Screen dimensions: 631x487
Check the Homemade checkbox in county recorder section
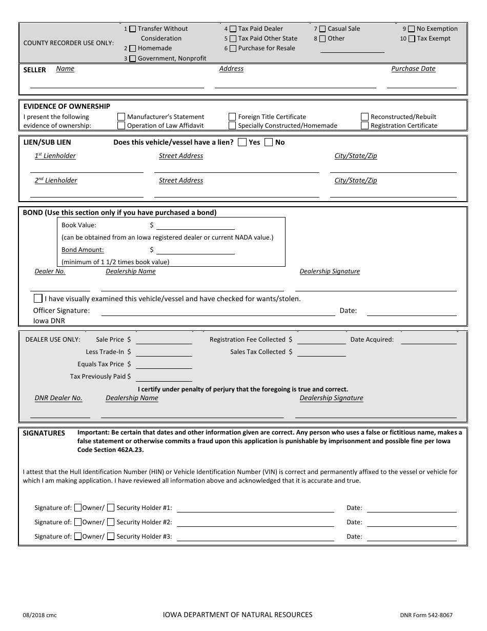[x=133, y=48]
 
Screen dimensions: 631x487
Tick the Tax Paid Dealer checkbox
[x=233, y=29]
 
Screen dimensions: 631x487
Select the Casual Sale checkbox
[x=322, y=29]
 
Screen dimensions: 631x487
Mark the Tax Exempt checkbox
[x=412, y=38]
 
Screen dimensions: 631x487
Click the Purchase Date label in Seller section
[x=413, y=69]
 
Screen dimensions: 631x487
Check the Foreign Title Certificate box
[x=233, y=117]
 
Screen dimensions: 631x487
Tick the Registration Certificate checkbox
[x=365, y=126]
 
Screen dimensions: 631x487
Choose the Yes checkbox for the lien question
[x=242, y=143]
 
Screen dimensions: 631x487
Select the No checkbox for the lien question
[x=269, y=143]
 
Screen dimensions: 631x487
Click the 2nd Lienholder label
[x=56, y=181]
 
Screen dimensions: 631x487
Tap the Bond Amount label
[x=83, y=250]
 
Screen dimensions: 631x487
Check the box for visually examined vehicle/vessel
[x=38, y=299]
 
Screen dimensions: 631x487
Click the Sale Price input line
[x=164, y=342]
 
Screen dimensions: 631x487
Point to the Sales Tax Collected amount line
[x=321, y=354]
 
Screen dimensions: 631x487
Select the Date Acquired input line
[x=428, y=342]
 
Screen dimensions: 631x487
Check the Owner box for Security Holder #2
[x=78, y=522]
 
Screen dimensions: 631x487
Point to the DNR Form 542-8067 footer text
[x=426, y=615]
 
